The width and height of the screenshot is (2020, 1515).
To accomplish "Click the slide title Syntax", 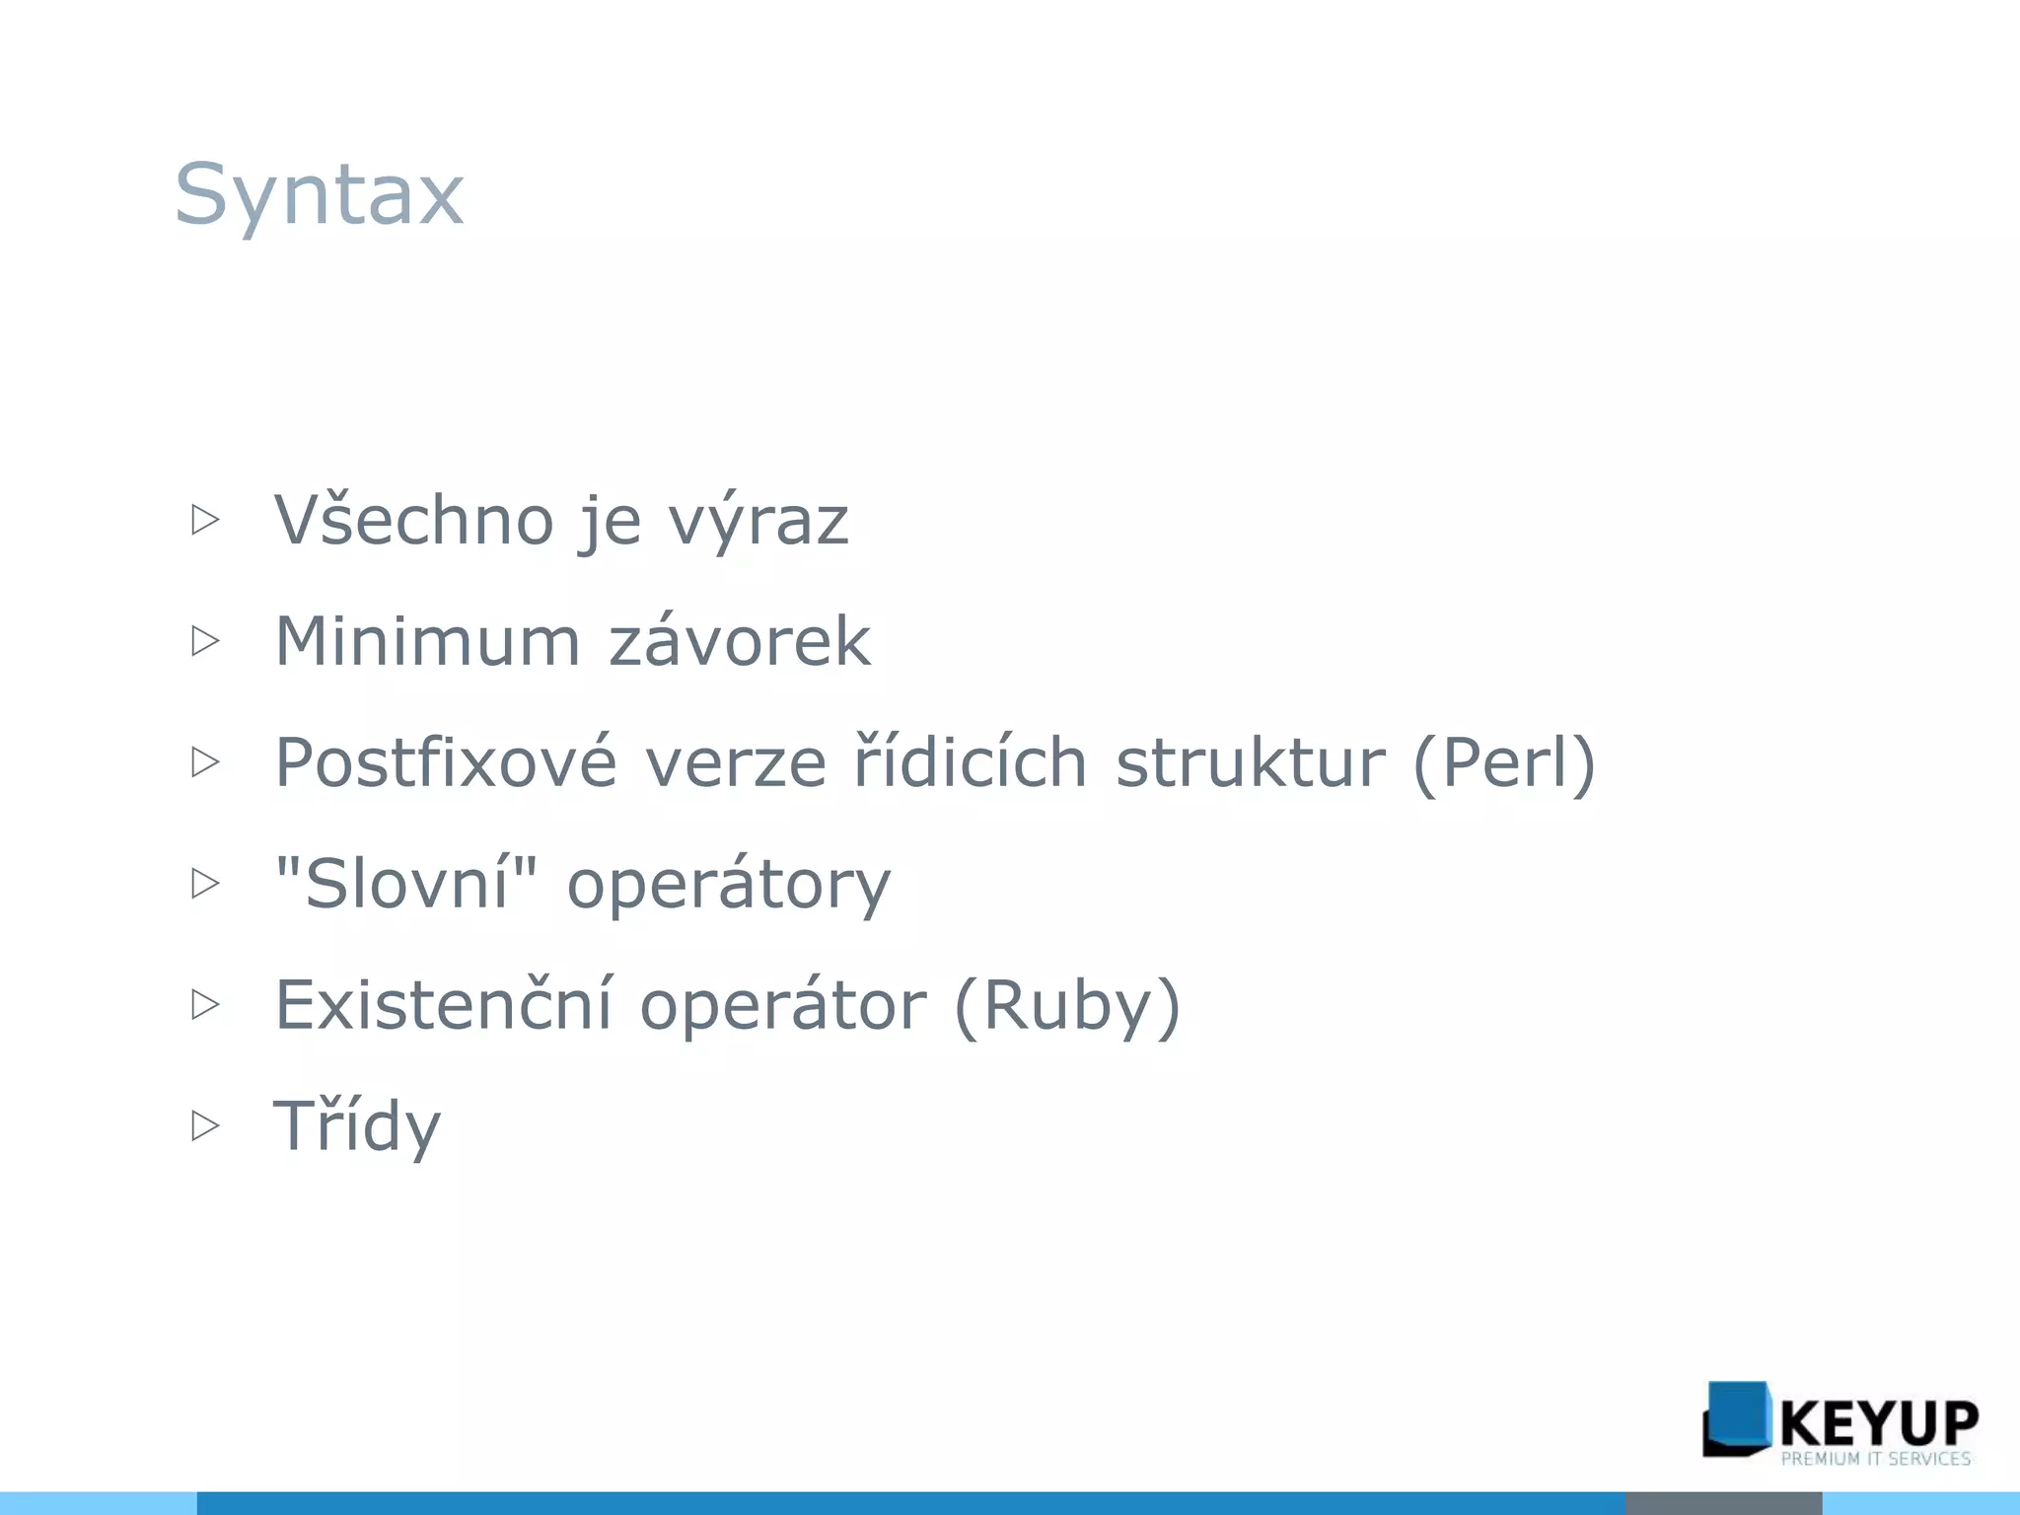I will tap(319, 194).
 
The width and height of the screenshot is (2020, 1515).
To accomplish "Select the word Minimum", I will tap(427, 641).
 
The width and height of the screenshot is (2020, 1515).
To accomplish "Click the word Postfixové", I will tap(446, 762).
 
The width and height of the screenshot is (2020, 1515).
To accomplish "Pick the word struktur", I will tap(1250, 763).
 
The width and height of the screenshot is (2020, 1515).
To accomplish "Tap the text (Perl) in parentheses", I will tap(1503, 763).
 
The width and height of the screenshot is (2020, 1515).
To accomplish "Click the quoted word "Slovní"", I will tap(406, 882).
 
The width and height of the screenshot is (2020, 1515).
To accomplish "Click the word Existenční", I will tap(443, 1005).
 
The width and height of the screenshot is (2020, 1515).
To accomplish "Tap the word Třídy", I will tap(357, 1126).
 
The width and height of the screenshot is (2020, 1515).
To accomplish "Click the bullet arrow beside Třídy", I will tap(205, 1125).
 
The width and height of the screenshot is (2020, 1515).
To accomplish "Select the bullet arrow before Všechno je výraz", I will tap(205, 520).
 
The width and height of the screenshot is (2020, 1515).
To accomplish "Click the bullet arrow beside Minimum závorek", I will tap(205, 641).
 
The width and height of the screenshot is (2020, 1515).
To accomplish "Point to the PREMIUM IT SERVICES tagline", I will tap(1875, 1459).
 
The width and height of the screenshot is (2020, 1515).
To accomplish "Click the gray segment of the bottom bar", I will tap(1722, 1503).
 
